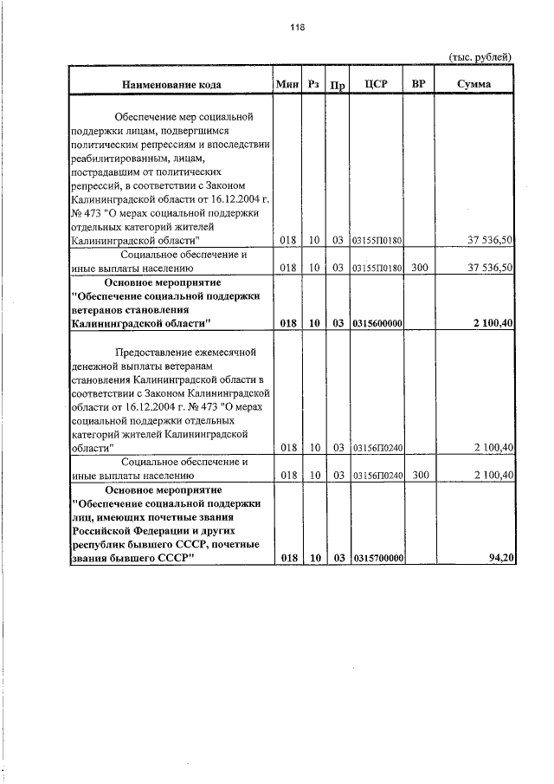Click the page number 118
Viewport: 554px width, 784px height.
pyautogui.click(x=298, y=28)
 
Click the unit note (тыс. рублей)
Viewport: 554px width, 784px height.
pyautogui.click(x=480, y=56)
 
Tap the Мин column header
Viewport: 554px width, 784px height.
pyautogui.click(x=287, y=85)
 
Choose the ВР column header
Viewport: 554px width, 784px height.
pyautogui.click(x=419, y=84)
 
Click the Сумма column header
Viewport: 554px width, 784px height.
pyautogui.click(x=474, y=85)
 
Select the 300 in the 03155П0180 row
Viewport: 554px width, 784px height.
pyautogui.click(x=419, y=269)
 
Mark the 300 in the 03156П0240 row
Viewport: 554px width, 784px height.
pyautogui.click(x=419, y=476)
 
